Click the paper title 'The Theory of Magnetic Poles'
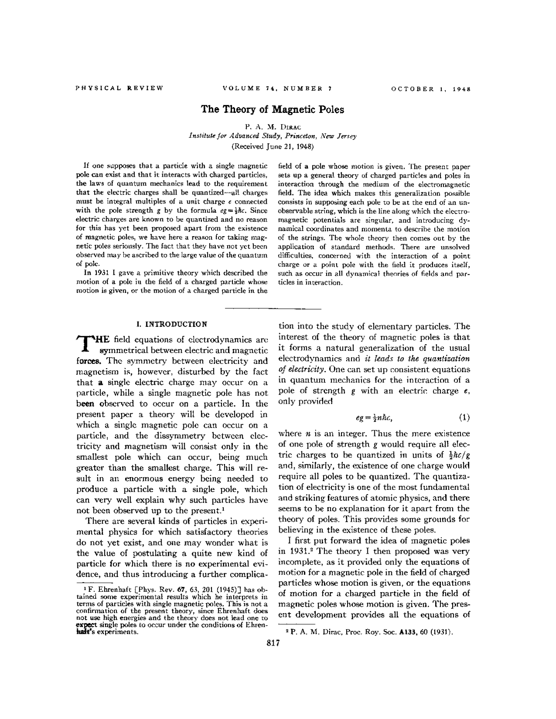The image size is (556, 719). [x=272, y=109]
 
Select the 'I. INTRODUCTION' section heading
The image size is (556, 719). [x=171, y=324]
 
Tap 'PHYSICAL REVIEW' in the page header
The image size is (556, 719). [x=119, y=89]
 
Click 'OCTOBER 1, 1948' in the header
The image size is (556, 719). [x=431, y=89]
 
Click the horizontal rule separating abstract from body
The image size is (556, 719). [x=273, y=309]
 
